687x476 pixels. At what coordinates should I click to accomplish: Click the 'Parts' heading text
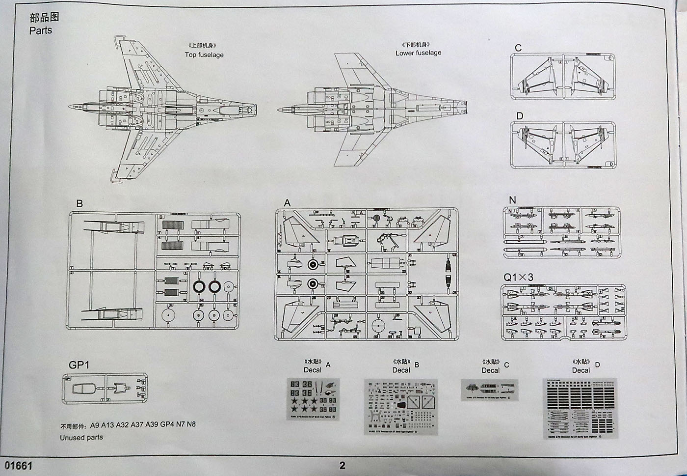click(x=41, y=30)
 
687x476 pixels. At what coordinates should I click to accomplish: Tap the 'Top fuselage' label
click(x=204, y=55)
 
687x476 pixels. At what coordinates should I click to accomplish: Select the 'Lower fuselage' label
click(x=418, y=53)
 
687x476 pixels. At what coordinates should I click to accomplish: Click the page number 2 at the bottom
click(x=342, y=465)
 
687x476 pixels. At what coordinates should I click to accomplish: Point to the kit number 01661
click(x=18, y=465)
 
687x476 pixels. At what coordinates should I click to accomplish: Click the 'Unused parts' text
click(x=81, y=437)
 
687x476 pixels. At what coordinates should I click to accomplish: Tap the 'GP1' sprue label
click(x=79, y=365)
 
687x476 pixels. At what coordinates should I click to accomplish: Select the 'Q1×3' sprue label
click(x=518, y=277)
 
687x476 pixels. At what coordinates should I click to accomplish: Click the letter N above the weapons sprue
click(x=512, y=200)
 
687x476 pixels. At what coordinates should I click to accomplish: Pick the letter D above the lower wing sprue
click(x=520, y=116)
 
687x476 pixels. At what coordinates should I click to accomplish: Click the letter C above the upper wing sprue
click(x=518, y=48)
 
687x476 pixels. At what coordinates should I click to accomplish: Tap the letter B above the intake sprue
click(x=79, y=203)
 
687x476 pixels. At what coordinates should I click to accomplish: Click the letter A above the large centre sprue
click(x=288, y=203)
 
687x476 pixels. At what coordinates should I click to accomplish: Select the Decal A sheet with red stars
click(x=313, y=399)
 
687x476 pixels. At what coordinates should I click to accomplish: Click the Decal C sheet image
click(x=489, y=390)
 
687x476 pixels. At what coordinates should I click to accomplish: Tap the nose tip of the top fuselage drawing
click(x=69, y=107)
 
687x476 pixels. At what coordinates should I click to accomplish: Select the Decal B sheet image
click(x=400, y=406)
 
